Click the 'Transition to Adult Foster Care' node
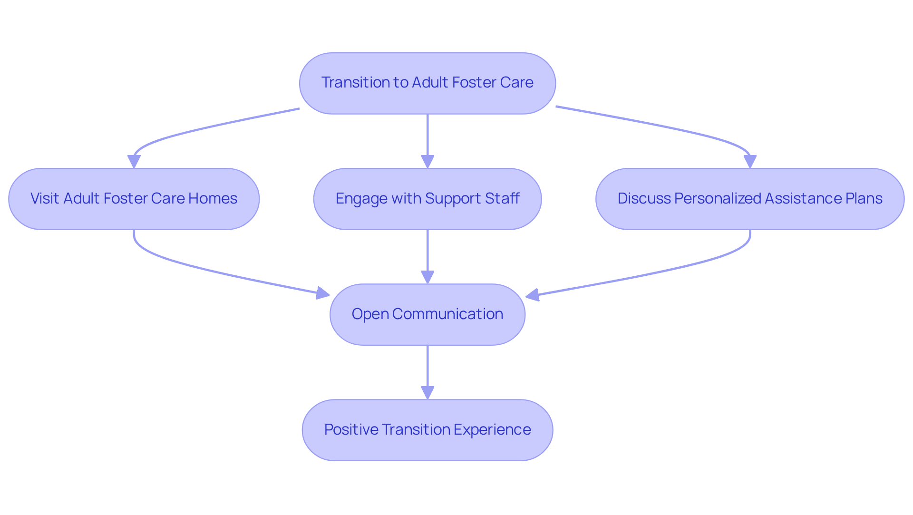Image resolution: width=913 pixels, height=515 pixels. (x=427, y=83)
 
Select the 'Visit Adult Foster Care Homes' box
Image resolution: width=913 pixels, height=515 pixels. (x=134, y=199)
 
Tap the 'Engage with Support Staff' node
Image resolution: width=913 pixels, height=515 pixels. (x=427, y=199)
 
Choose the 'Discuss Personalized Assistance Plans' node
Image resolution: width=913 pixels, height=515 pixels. (x=749, y=199)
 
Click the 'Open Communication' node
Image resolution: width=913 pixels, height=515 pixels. (x=427, y=314)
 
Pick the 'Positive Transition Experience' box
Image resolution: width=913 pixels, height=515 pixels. (x=427, y=430)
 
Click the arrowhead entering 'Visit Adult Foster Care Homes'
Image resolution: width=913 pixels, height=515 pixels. (x=134, y=162)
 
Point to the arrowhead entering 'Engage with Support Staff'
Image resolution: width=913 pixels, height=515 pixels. (x=427, y=162)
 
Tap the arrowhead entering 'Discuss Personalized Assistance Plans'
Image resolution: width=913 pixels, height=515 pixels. (x=750, y=162)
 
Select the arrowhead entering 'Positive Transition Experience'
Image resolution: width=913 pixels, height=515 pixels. (x=427, y=393)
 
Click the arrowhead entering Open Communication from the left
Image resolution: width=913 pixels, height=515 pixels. (x=323, y=293)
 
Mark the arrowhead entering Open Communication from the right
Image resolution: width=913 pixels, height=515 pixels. (x=532, y=295)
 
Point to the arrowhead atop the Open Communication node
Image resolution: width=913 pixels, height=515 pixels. (x=427, y=277)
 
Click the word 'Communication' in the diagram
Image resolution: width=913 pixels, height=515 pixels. (x=447, y=314)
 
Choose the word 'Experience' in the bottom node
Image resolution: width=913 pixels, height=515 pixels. (x=492, y=429)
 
